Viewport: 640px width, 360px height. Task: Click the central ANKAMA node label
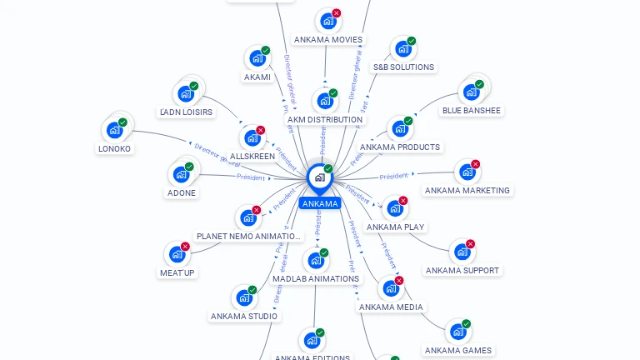(320, 203)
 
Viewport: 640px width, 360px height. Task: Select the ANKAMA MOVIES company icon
(327, 22)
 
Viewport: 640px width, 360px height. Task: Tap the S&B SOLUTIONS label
(403, 67)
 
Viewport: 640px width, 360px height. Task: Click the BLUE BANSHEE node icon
(471, 92)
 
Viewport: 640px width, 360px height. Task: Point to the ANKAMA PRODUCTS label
(400, 147)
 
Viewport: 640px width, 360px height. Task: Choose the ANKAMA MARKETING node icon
(467, 172)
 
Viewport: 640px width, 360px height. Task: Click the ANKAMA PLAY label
(395, 227)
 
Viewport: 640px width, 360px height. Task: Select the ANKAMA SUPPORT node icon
(462, 252)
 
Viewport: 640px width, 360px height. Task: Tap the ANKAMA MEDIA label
(391, 307)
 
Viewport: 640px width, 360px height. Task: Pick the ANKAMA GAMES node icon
(457, 332)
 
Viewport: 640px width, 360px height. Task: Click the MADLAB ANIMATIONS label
(316, 278)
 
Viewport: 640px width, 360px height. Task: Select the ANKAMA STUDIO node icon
(244, 297)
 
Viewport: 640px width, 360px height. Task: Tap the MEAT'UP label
(177, 272)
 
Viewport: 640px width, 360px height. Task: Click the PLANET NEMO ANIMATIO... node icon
(248, 218)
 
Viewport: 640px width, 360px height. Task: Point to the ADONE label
(181, 192)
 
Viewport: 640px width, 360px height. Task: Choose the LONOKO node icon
(114, 131)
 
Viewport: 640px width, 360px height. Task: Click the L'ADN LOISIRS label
(186, 112)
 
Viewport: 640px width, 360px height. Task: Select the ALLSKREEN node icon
(252, 138)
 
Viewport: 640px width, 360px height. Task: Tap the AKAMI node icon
(257, 59)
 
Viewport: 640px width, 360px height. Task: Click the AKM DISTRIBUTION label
(325, 119)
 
